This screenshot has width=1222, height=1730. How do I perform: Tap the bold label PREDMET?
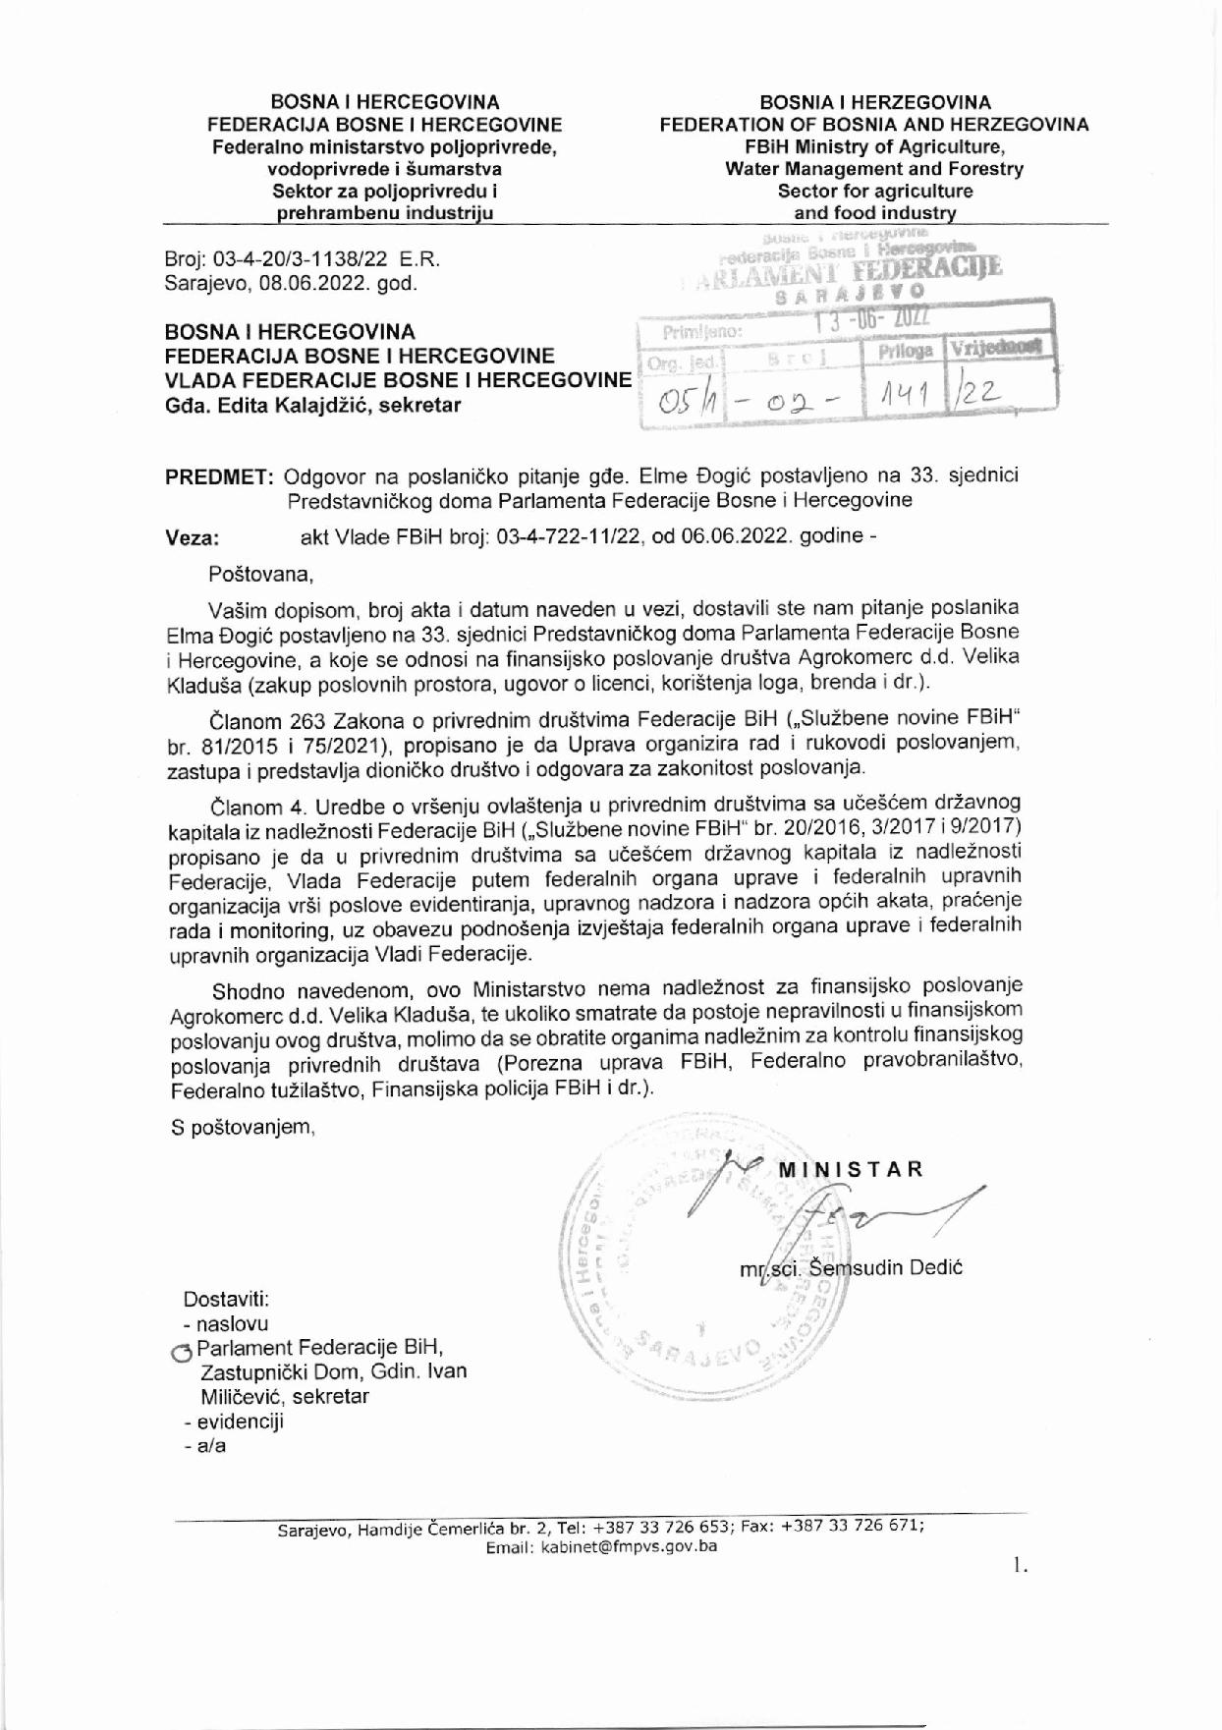click(219, 476)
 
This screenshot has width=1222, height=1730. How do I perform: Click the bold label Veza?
click(193, 537)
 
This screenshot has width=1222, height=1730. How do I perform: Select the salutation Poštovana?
click(260, 574)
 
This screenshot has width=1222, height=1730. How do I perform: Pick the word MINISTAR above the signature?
click(851, 1169)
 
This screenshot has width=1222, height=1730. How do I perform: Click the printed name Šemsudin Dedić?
click(884, 1267)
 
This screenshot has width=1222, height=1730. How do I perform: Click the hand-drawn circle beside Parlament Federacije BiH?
click(180, 1353)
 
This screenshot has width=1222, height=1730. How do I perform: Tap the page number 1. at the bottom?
click(1021, 1566)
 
